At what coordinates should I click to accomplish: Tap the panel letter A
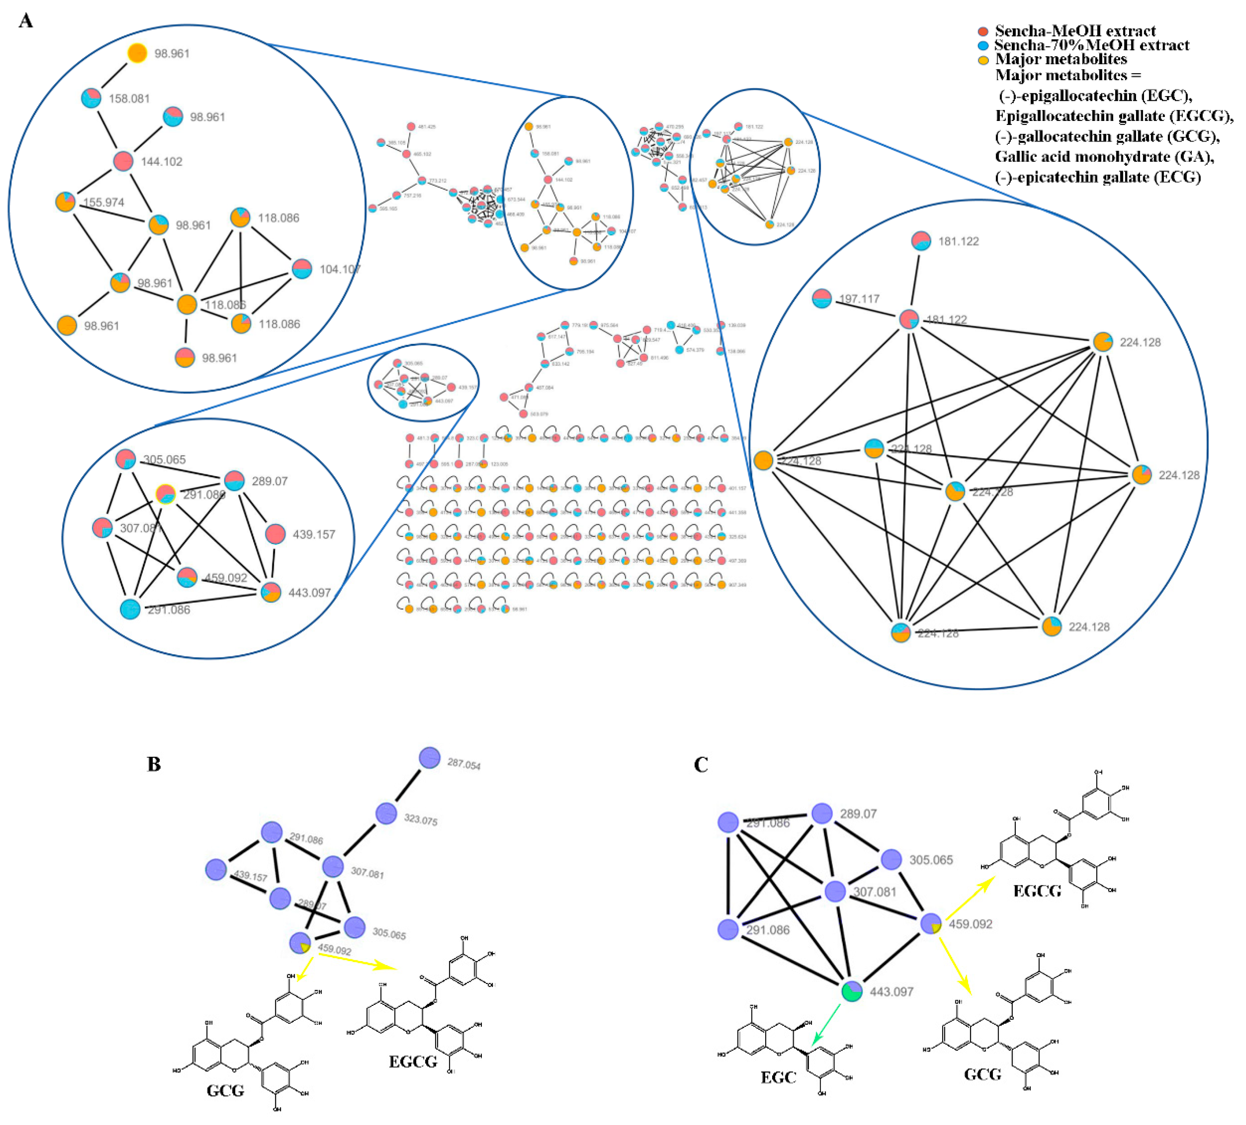click(x=25, y=21)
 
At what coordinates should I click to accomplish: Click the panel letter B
click(x=154, y=765)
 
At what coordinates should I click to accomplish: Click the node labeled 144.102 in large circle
click(x=123, y=161)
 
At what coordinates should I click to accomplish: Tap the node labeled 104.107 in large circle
click(x=302, y=269)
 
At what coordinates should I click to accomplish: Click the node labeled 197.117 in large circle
click(x=822, y=299)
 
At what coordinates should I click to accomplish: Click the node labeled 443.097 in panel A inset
click(x=271, y=592)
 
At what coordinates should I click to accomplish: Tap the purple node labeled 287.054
click(x=429, y=758)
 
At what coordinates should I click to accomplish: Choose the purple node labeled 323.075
click(x=386, y=814)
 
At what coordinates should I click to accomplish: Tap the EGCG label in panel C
click(x=1037, y=891)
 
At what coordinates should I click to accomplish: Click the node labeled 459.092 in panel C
click(x=931, y=924)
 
